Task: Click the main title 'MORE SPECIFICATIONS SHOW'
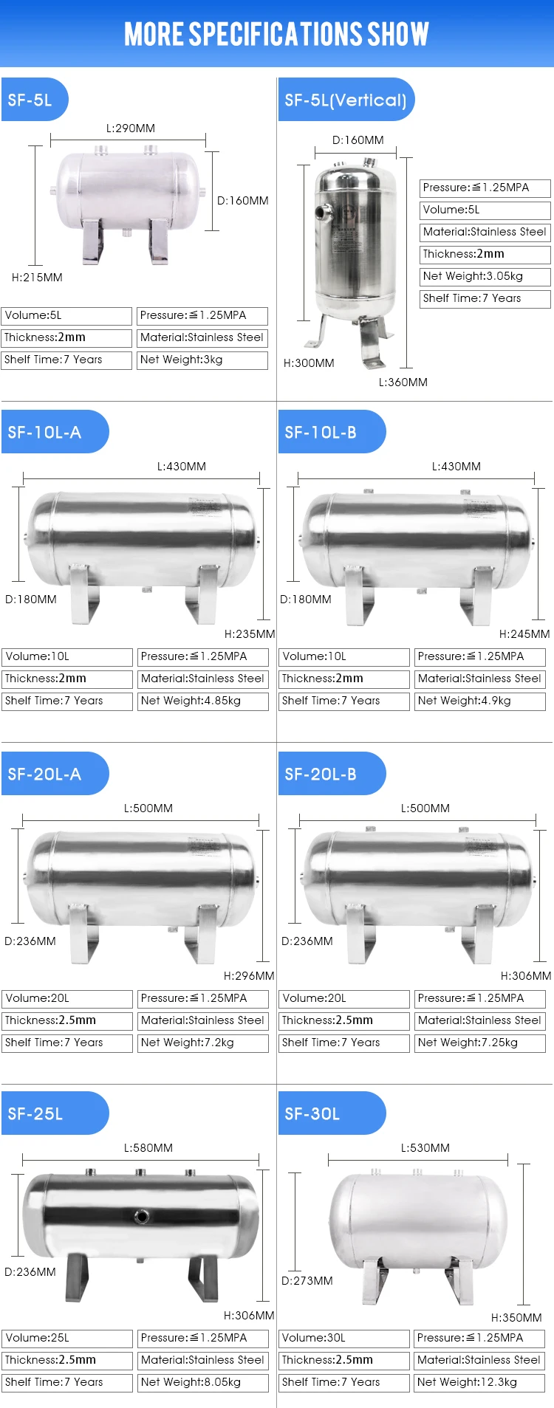(276, 34)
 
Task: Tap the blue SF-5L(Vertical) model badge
(346, 100)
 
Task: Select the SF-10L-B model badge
(332, 432)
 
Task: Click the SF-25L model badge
(55, 1113)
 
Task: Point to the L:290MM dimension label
(131, 128)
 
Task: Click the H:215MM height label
(37, 278)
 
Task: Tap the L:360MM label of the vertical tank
(403, 382)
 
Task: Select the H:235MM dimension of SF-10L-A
(250, 634)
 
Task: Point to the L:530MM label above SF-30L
(425, 1148)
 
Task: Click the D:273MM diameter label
(307, 1281)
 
